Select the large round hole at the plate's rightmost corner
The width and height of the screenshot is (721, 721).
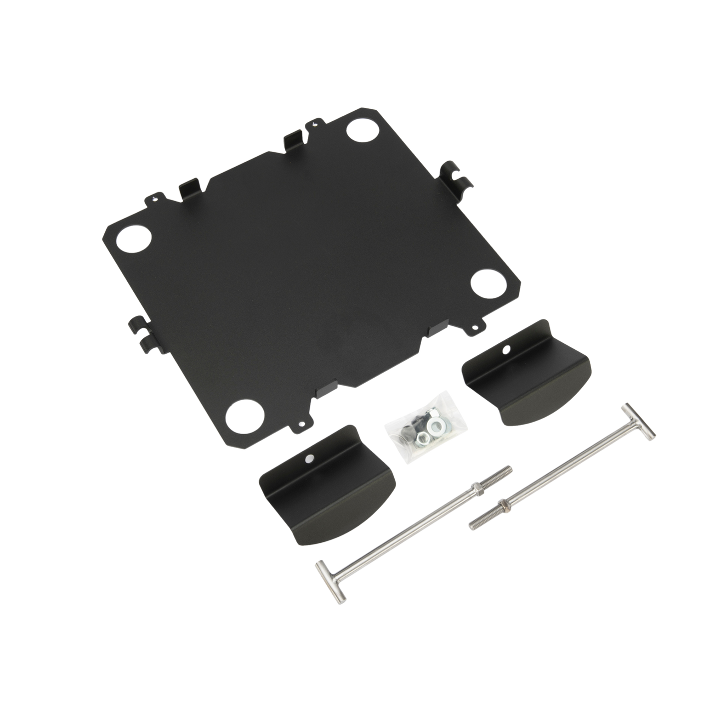pyautogui.click(x=483, y=283)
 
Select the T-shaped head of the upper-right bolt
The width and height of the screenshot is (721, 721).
pyautogui.click(x=638, y=423)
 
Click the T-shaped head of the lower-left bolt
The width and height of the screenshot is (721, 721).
pyautogui.click(x=331, y=579)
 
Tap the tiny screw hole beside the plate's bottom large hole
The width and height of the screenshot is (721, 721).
pyautogui.click(x=300, y=424)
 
